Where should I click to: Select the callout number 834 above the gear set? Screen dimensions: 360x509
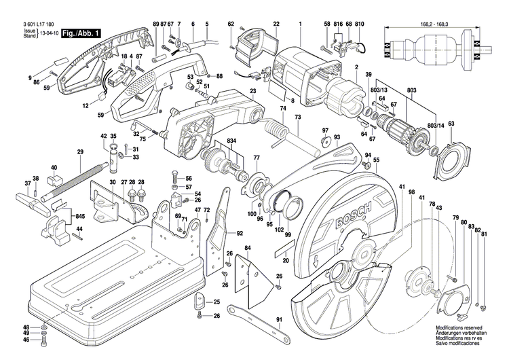233,141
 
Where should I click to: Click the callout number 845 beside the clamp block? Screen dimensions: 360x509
80,216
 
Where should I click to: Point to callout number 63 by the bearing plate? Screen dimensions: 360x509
451,123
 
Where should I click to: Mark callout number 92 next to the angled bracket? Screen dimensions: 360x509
239,233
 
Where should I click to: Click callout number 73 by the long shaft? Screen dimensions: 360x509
297,118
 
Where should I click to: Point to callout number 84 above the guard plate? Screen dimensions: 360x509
248,248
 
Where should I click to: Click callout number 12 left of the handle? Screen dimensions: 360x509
86,106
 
